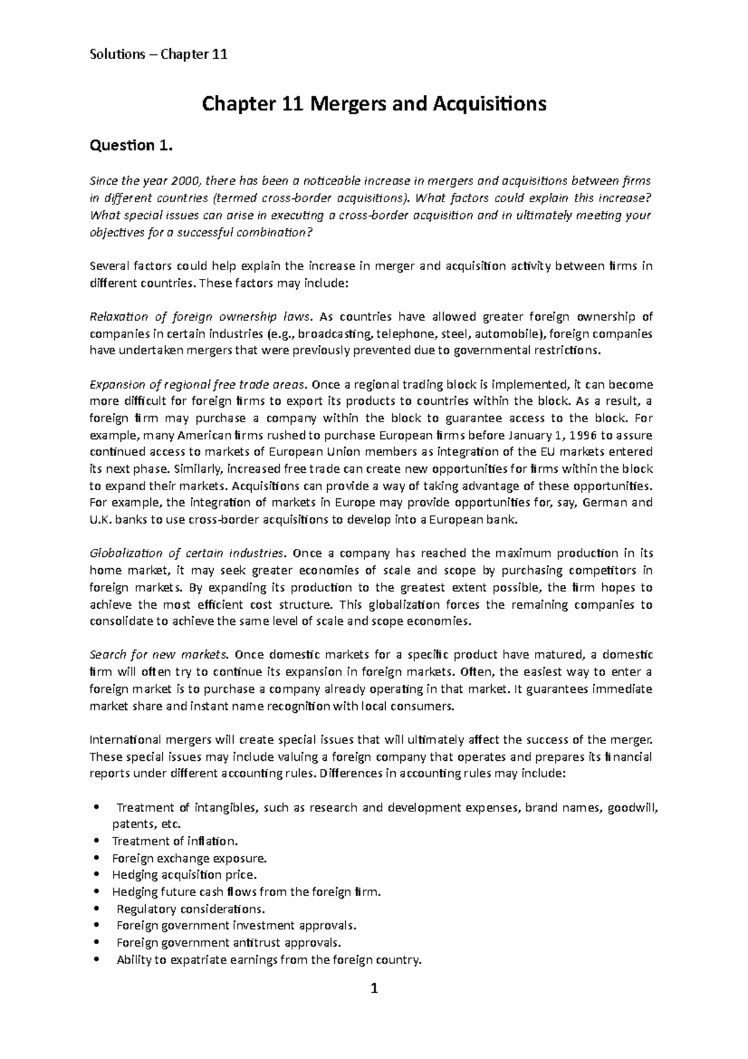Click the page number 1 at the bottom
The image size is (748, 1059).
[x=374, y=989]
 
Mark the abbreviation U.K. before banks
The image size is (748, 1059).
[x=103, y=520]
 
